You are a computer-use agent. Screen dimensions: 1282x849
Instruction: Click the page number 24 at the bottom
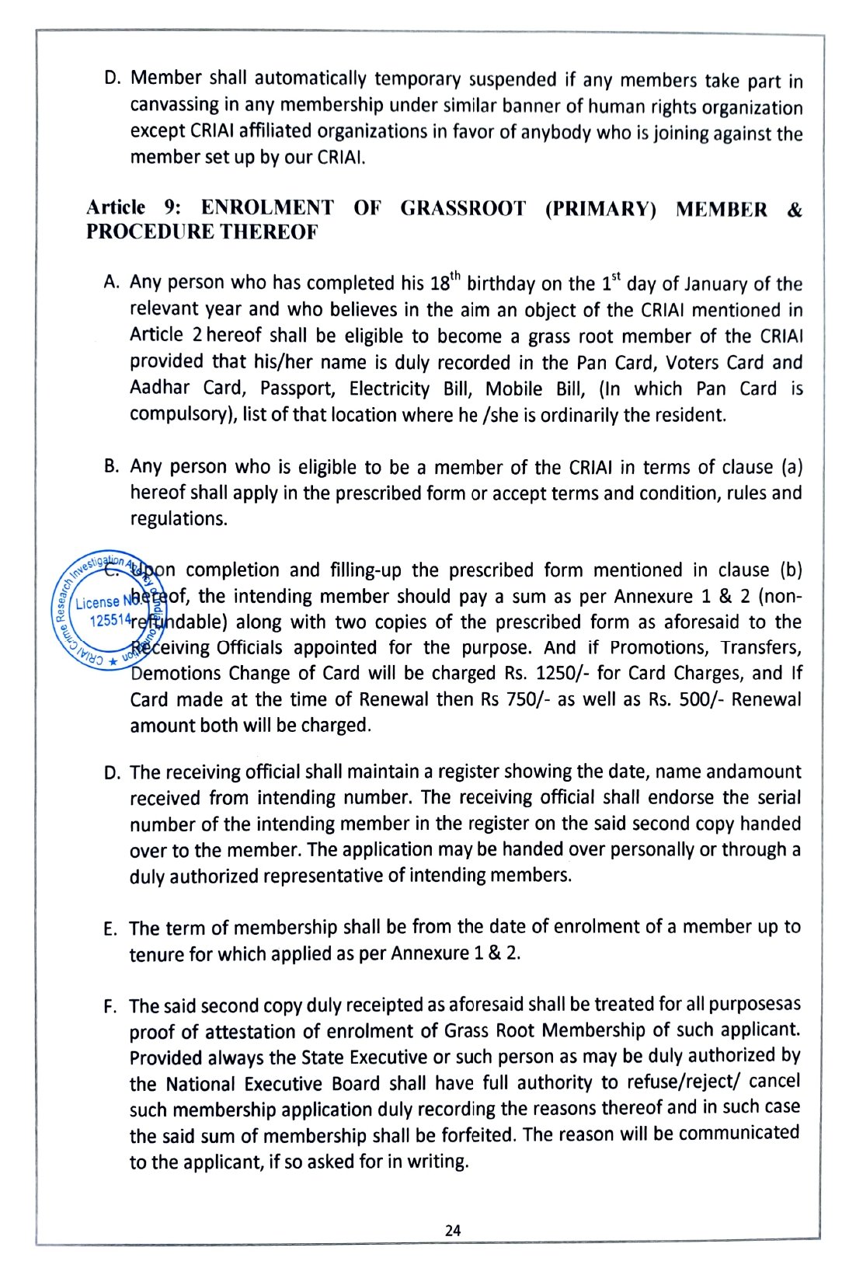(453, 1230)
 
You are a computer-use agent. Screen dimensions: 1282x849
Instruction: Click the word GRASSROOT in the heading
(463, 208)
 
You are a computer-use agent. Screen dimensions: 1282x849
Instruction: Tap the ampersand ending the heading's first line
(794, 209)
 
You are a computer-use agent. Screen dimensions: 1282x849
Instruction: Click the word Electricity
(389, 388)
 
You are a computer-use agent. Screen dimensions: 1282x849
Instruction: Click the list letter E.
(110, 929)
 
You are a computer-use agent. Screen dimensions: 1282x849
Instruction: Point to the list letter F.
(110, 1008)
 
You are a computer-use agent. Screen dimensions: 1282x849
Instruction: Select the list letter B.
(111, 466)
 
